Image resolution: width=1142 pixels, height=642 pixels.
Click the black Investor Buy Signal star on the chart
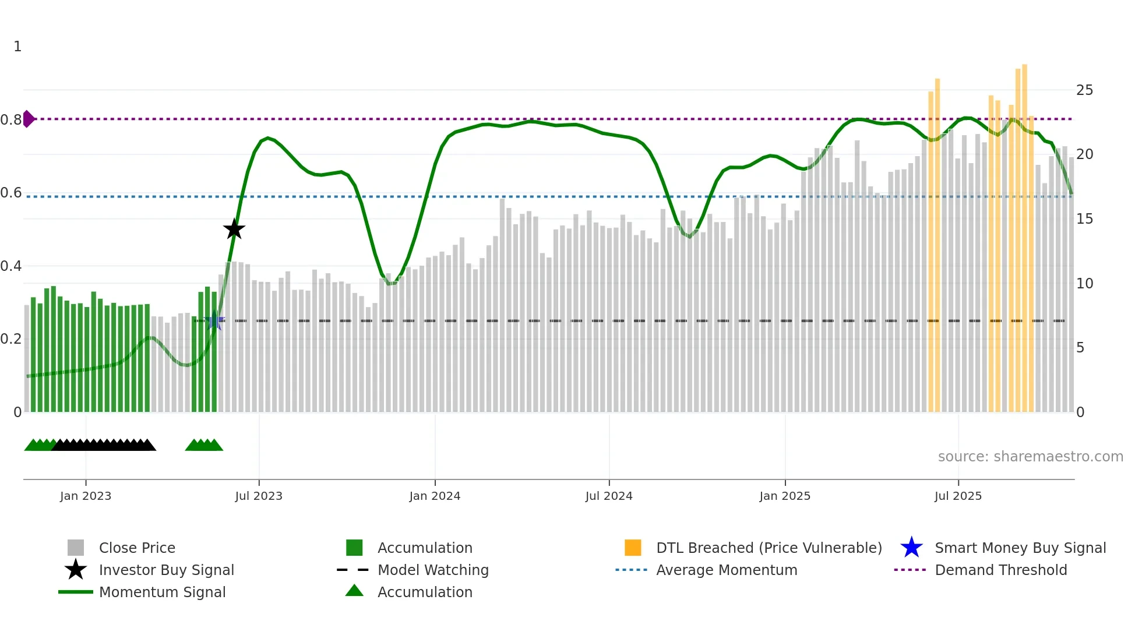234,230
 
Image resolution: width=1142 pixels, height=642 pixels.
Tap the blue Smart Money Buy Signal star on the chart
214,320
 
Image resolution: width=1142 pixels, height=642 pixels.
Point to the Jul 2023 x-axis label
259,496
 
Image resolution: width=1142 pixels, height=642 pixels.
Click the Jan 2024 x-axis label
435,496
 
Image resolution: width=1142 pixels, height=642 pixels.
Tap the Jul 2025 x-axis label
958,496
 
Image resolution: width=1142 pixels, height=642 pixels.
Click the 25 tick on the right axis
1084,90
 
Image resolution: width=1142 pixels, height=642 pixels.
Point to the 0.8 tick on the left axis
11,120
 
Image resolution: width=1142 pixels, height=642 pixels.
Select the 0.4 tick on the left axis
11,266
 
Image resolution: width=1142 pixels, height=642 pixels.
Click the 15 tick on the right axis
1084,219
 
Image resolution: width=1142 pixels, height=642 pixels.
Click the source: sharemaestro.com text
1030,457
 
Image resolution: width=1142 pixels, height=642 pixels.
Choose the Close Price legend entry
137,548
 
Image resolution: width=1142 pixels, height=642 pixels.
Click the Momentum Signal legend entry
162,592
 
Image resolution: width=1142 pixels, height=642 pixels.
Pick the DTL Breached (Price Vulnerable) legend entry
769,548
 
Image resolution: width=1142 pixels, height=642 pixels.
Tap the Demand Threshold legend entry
1000,570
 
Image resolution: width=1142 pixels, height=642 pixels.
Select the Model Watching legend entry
433,570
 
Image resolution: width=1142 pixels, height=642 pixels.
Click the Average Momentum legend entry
726,570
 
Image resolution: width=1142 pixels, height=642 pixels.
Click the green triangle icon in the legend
354,591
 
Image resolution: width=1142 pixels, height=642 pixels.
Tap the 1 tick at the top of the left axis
17,47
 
